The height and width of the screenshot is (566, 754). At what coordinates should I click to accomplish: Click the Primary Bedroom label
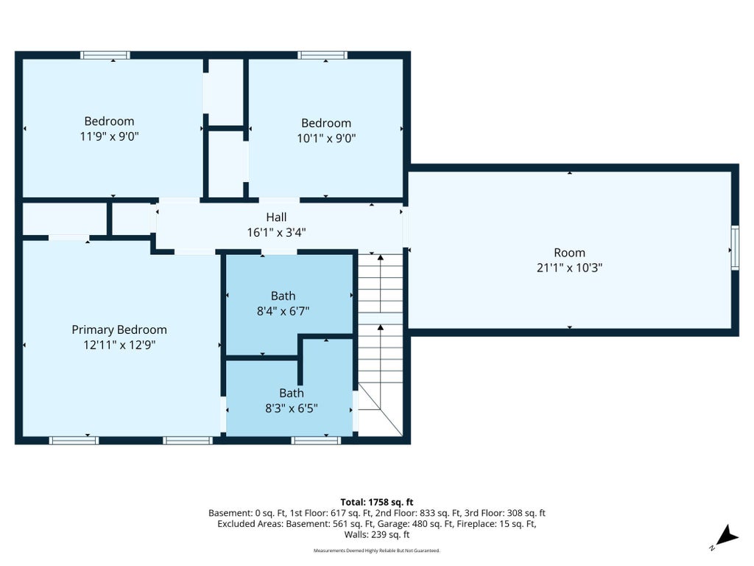[x=119, y=329]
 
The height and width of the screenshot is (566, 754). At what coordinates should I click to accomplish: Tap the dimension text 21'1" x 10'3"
[x=569, y=268]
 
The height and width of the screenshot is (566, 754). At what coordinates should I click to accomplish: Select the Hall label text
[x=277, y=217]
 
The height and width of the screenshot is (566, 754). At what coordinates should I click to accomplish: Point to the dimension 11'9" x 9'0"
[x=109, y=136]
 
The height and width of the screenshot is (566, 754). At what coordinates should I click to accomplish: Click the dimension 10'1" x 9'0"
[x=326, y=138]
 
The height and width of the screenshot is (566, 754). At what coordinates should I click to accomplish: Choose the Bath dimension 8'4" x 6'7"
[x=283, y=311]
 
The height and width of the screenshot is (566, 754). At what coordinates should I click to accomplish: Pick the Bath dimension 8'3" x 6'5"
[x=292, y=408]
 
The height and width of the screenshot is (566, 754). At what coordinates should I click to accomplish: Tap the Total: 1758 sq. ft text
[x=377, y=503]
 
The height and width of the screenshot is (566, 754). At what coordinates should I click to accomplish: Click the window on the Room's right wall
[x=735, y=248]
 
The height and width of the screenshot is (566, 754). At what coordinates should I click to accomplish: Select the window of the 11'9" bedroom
[x=105, y=55]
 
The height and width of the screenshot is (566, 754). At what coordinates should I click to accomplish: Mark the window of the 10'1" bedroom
[x=323, y=55]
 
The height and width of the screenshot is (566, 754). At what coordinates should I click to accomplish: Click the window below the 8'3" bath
[x=316, y=441]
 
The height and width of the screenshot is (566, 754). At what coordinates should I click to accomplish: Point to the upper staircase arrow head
[x=381, y=258]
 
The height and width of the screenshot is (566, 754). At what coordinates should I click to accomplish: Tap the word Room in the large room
[x=569, y=253]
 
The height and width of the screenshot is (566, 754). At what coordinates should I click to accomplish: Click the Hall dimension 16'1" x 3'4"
[x=277, y=232]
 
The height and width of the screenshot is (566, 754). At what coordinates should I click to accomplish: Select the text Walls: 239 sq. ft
[x=377, y=534]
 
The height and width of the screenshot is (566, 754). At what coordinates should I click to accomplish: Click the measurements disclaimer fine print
[x=377, y=551]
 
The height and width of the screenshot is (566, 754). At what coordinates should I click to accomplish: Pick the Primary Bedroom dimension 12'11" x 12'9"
[x=119, y=345]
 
